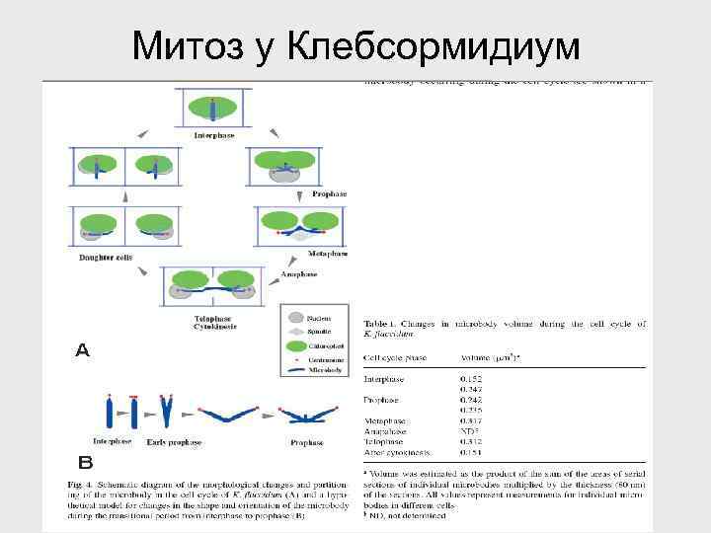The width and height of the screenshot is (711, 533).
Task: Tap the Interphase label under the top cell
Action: pos(213,134)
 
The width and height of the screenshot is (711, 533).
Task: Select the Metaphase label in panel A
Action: pos(329,254)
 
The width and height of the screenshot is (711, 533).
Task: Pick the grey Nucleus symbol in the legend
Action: pos(294,319)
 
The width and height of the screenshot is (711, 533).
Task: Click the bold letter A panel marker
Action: pos(83,349)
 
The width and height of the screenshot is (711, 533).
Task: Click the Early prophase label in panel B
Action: pos(174,442)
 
